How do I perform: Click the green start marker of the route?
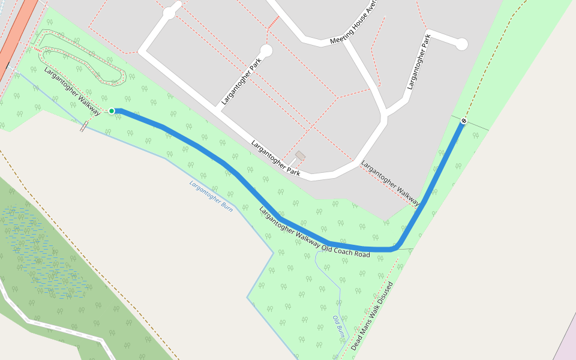coord(112,111)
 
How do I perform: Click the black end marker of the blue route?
coord(464,122)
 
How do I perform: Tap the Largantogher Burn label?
coord(211,196)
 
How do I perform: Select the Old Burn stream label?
coord(339,328)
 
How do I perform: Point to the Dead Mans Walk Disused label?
coord(372,316)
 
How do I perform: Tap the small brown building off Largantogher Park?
coord(300,155)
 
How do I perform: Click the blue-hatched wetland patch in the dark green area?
coord(42,252)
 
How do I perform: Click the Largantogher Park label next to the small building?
coord(275,157)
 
